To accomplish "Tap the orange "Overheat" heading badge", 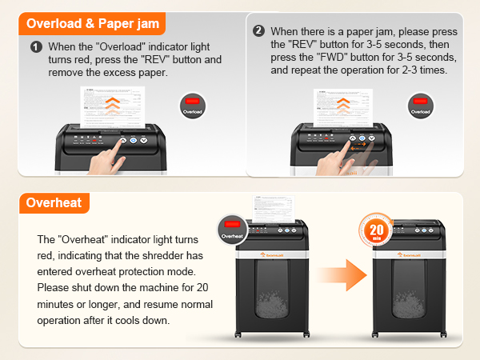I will [x=54, y=202].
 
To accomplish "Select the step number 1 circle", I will [x=36, y=47].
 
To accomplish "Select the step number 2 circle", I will [x=258, y=31].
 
